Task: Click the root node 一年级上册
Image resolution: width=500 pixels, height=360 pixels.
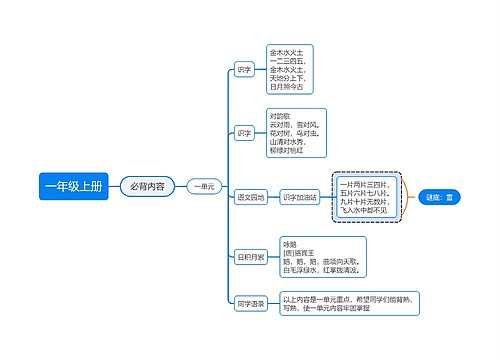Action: coord(73,186)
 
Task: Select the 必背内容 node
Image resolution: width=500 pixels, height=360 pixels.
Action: coord(147,186)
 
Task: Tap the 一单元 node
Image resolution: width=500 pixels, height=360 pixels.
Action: coord(203,186)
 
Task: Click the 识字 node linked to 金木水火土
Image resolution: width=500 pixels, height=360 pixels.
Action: coord(244,70)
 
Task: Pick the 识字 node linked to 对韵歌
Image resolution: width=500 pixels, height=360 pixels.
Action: coord(244,132)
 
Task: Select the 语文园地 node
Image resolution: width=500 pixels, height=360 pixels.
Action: coord(251,197)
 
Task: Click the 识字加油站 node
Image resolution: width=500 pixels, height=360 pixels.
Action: coord(300,197)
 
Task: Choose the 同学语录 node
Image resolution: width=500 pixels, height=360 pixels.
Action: coord(250,303)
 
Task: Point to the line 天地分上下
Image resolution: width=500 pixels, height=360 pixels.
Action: coord(289,78)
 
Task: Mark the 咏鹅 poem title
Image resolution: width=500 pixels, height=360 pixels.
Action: coord(290,243)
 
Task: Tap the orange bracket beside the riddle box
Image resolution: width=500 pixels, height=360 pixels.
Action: coord(407,197)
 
